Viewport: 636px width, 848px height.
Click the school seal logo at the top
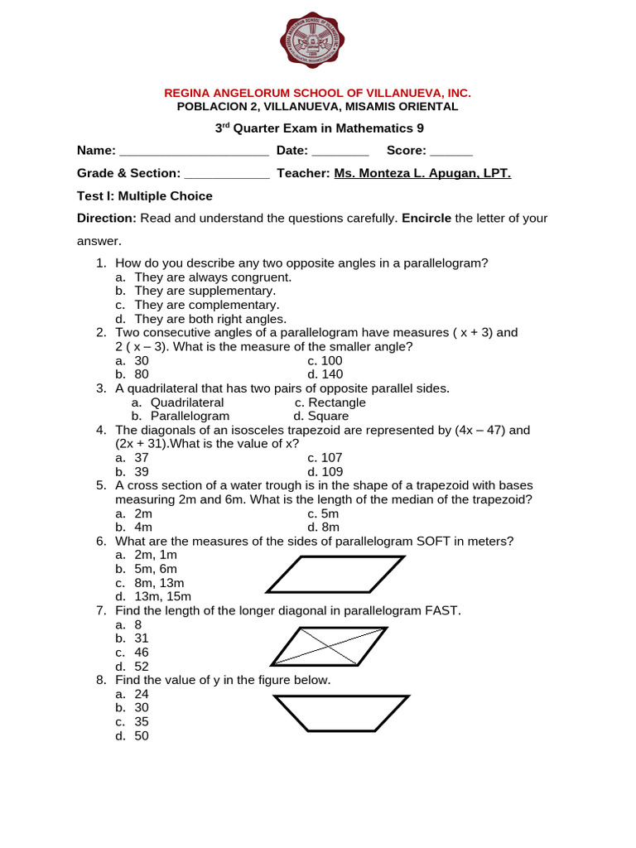click(311, 41)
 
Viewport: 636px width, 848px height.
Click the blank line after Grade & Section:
click(226, 175)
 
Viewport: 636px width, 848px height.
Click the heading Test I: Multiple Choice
click(145, 196)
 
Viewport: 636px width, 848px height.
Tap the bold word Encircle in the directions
click(426, 219)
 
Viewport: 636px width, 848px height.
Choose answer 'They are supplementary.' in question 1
click(205, 291)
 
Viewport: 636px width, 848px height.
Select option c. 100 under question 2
click(325, 361)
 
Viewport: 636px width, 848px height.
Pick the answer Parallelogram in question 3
click(190, 417)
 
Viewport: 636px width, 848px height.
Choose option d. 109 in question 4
click(325, 472)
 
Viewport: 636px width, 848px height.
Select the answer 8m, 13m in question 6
click(158, 583)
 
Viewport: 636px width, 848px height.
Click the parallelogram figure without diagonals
click(335, 574)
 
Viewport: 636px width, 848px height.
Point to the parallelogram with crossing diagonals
click(329, 646)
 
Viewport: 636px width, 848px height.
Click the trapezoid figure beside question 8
click(341, 713)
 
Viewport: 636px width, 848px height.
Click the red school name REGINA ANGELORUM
click(318, 94)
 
